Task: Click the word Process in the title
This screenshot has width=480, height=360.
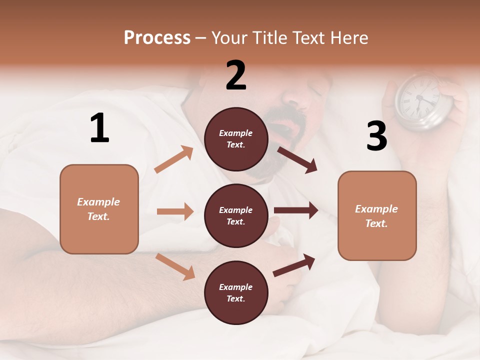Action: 157,38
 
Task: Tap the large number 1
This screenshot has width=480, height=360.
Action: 99,128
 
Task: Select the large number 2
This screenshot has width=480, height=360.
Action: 236,75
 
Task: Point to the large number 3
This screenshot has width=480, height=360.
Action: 376,136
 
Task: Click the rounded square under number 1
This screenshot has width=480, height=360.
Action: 99,209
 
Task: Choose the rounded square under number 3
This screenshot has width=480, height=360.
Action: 377,215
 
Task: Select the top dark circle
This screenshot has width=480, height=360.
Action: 236,139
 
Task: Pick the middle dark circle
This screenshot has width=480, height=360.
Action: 236,215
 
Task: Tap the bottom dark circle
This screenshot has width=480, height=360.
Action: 236,292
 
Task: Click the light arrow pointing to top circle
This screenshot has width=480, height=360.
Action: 174,159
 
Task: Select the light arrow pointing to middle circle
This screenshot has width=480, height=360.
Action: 175,211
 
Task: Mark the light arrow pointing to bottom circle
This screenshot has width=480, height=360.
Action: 175,266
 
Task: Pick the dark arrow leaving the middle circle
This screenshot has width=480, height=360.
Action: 295,210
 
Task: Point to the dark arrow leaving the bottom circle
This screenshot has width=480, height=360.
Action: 294,265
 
